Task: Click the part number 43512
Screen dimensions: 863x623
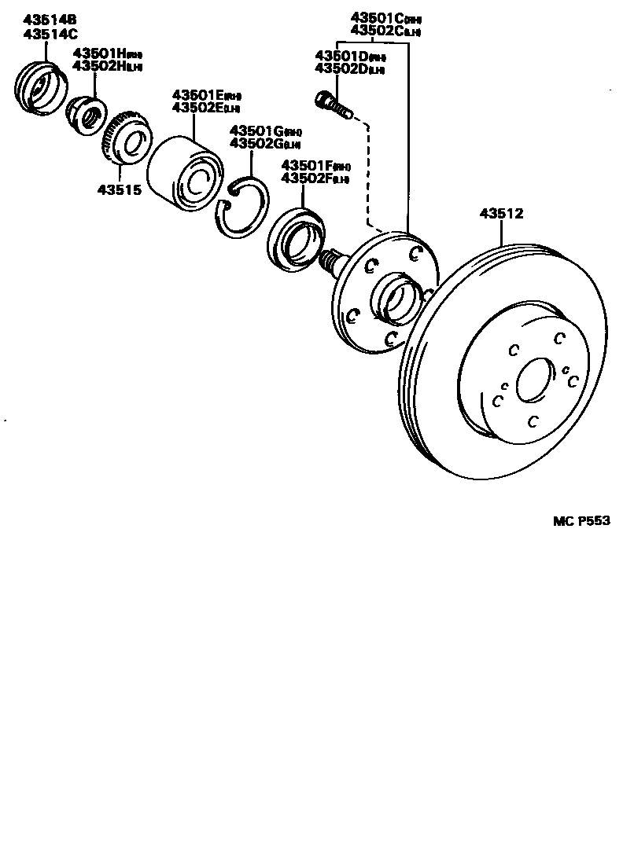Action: [501, 213]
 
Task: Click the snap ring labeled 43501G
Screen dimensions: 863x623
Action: [245, 206]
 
